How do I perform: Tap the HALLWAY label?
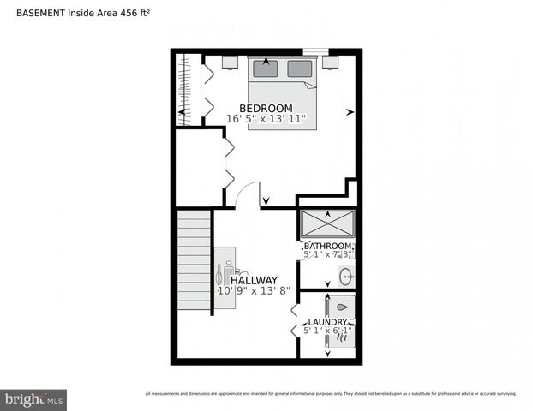253,280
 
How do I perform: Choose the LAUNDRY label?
327,322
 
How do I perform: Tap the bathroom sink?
346,277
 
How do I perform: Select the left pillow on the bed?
266,69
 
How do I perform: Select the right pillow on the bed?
299,69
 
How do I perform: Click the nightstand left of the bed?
230,62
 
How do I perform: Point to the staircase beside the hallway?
194,261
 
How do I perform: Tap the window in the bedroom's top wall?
314,51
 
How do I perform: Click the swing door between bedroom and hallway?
247,195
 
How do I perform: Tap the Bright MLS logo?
33,399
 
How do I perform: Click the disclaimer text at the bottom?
331,393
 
